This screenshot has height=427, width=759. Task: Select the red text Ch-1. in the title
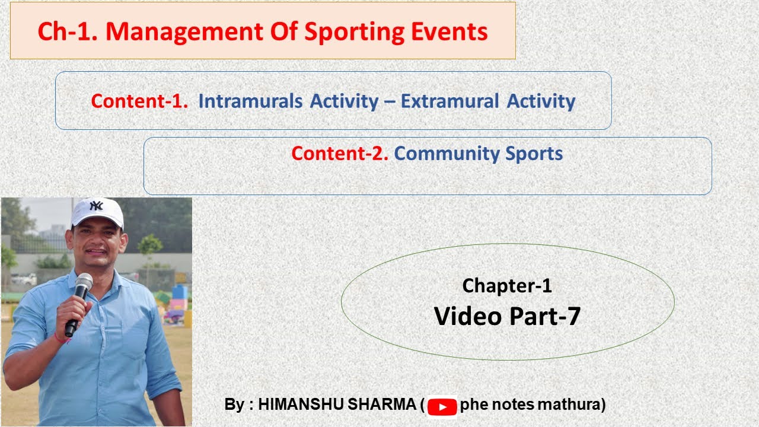(68, 31)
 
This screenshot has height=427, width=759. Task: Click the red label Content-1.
(139, 101)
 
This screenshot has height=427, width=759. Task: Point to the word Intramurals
(250, 101)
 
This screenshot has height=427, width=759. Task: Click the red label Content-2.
(340, 154)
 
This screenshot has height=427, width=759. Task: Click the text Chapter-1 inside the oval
(507, 286)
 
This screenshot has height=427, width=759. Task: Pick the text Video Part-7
(507, 316)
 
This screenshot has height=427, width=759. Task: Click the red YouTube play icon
(442, 406)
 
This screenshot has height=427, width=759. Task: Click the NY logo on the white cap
(96, 206)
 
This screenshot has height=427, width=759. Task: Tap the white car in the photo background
(24, 279)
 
